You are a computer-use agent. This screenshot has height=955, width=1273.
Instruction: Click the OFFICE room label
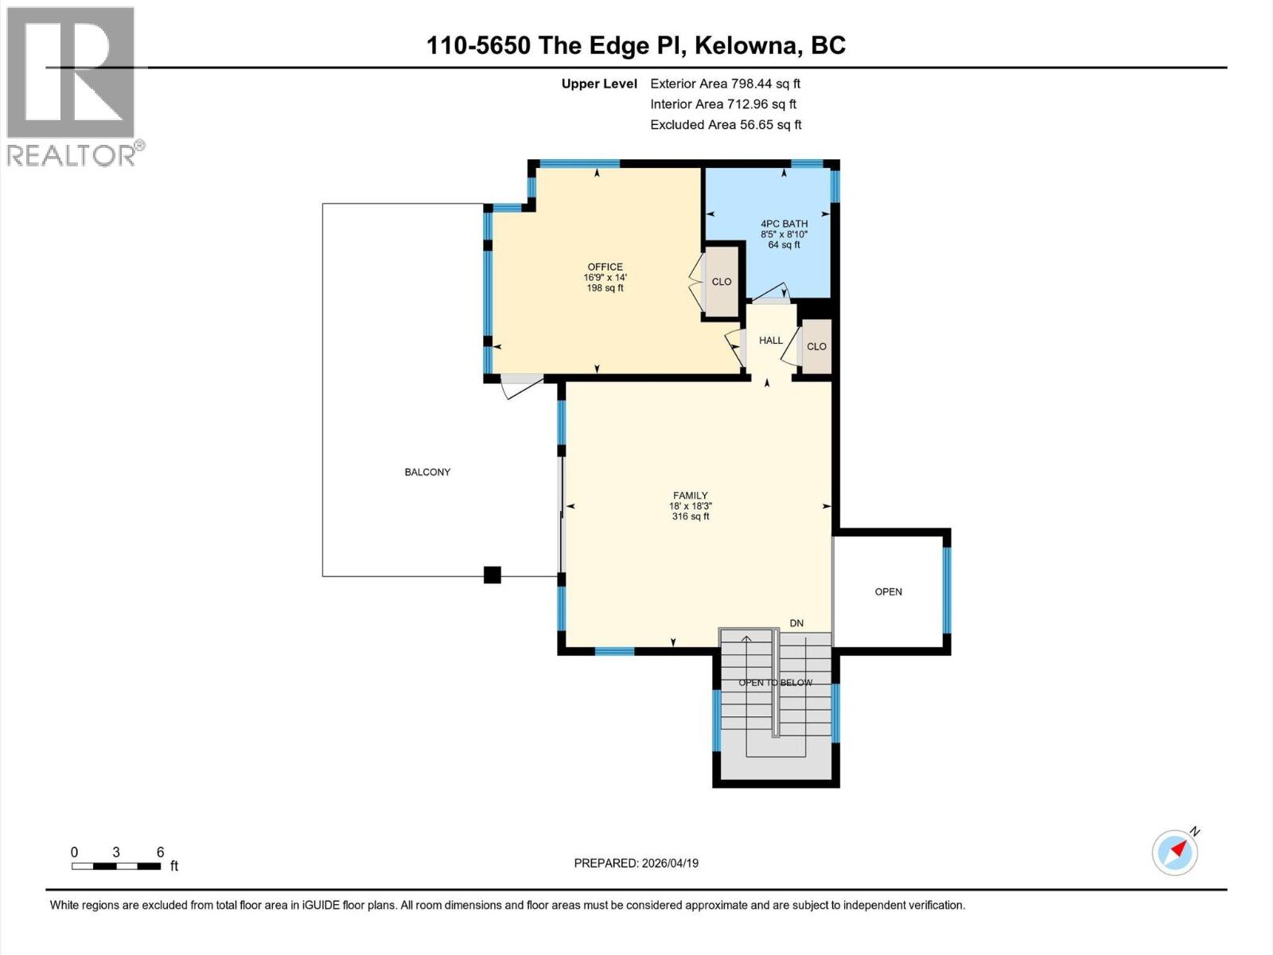click(605, 267)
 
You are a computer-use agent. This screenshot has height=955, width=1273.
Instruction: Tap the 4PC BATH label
click(784, 224)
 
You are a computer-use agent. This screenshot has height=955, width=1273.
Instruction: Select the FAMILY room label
click(690, 495)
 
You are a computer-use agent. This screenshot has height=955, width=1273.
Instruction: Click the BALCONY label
click(427, 472)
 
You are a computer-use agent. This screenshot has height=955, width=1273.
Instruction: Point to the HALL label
click(770, 341)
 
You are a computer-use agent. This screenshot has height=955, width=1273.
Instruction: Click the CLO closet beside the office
click(722, 282)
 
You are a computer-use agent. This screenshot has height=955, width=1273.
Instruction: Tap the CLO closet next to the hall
click(816, 346)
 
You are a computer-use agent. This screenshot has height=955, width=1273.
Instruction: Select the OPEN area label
click(888, 591)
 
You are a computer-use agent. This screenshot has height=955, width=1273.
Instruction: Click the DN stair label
click(796, 623)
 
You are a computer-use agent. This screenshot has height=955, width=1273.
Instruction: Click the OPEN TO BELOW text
click(775, 683)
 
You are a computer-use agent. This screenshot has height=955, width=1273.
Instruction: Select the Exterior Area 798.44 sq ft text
click(725, 84)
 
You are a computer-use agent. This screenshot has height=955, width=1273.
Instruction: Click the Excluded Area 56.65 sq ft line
click(725, 125)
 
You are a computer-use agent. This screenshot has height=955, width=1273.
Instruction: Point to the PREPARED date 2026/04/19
click(636, 863)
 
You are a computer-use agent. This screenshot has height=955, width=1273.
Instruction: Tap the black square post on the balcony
click(492, 575)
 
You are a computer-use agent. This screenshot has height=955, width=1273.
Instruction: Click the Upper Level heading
click(598, 84)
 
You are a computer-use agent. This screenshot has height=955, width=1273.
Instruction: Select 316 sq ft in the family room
click(690, 516)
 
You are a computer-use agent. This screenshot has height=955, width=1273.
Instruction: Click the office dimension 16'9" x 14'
click(605, 278)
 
